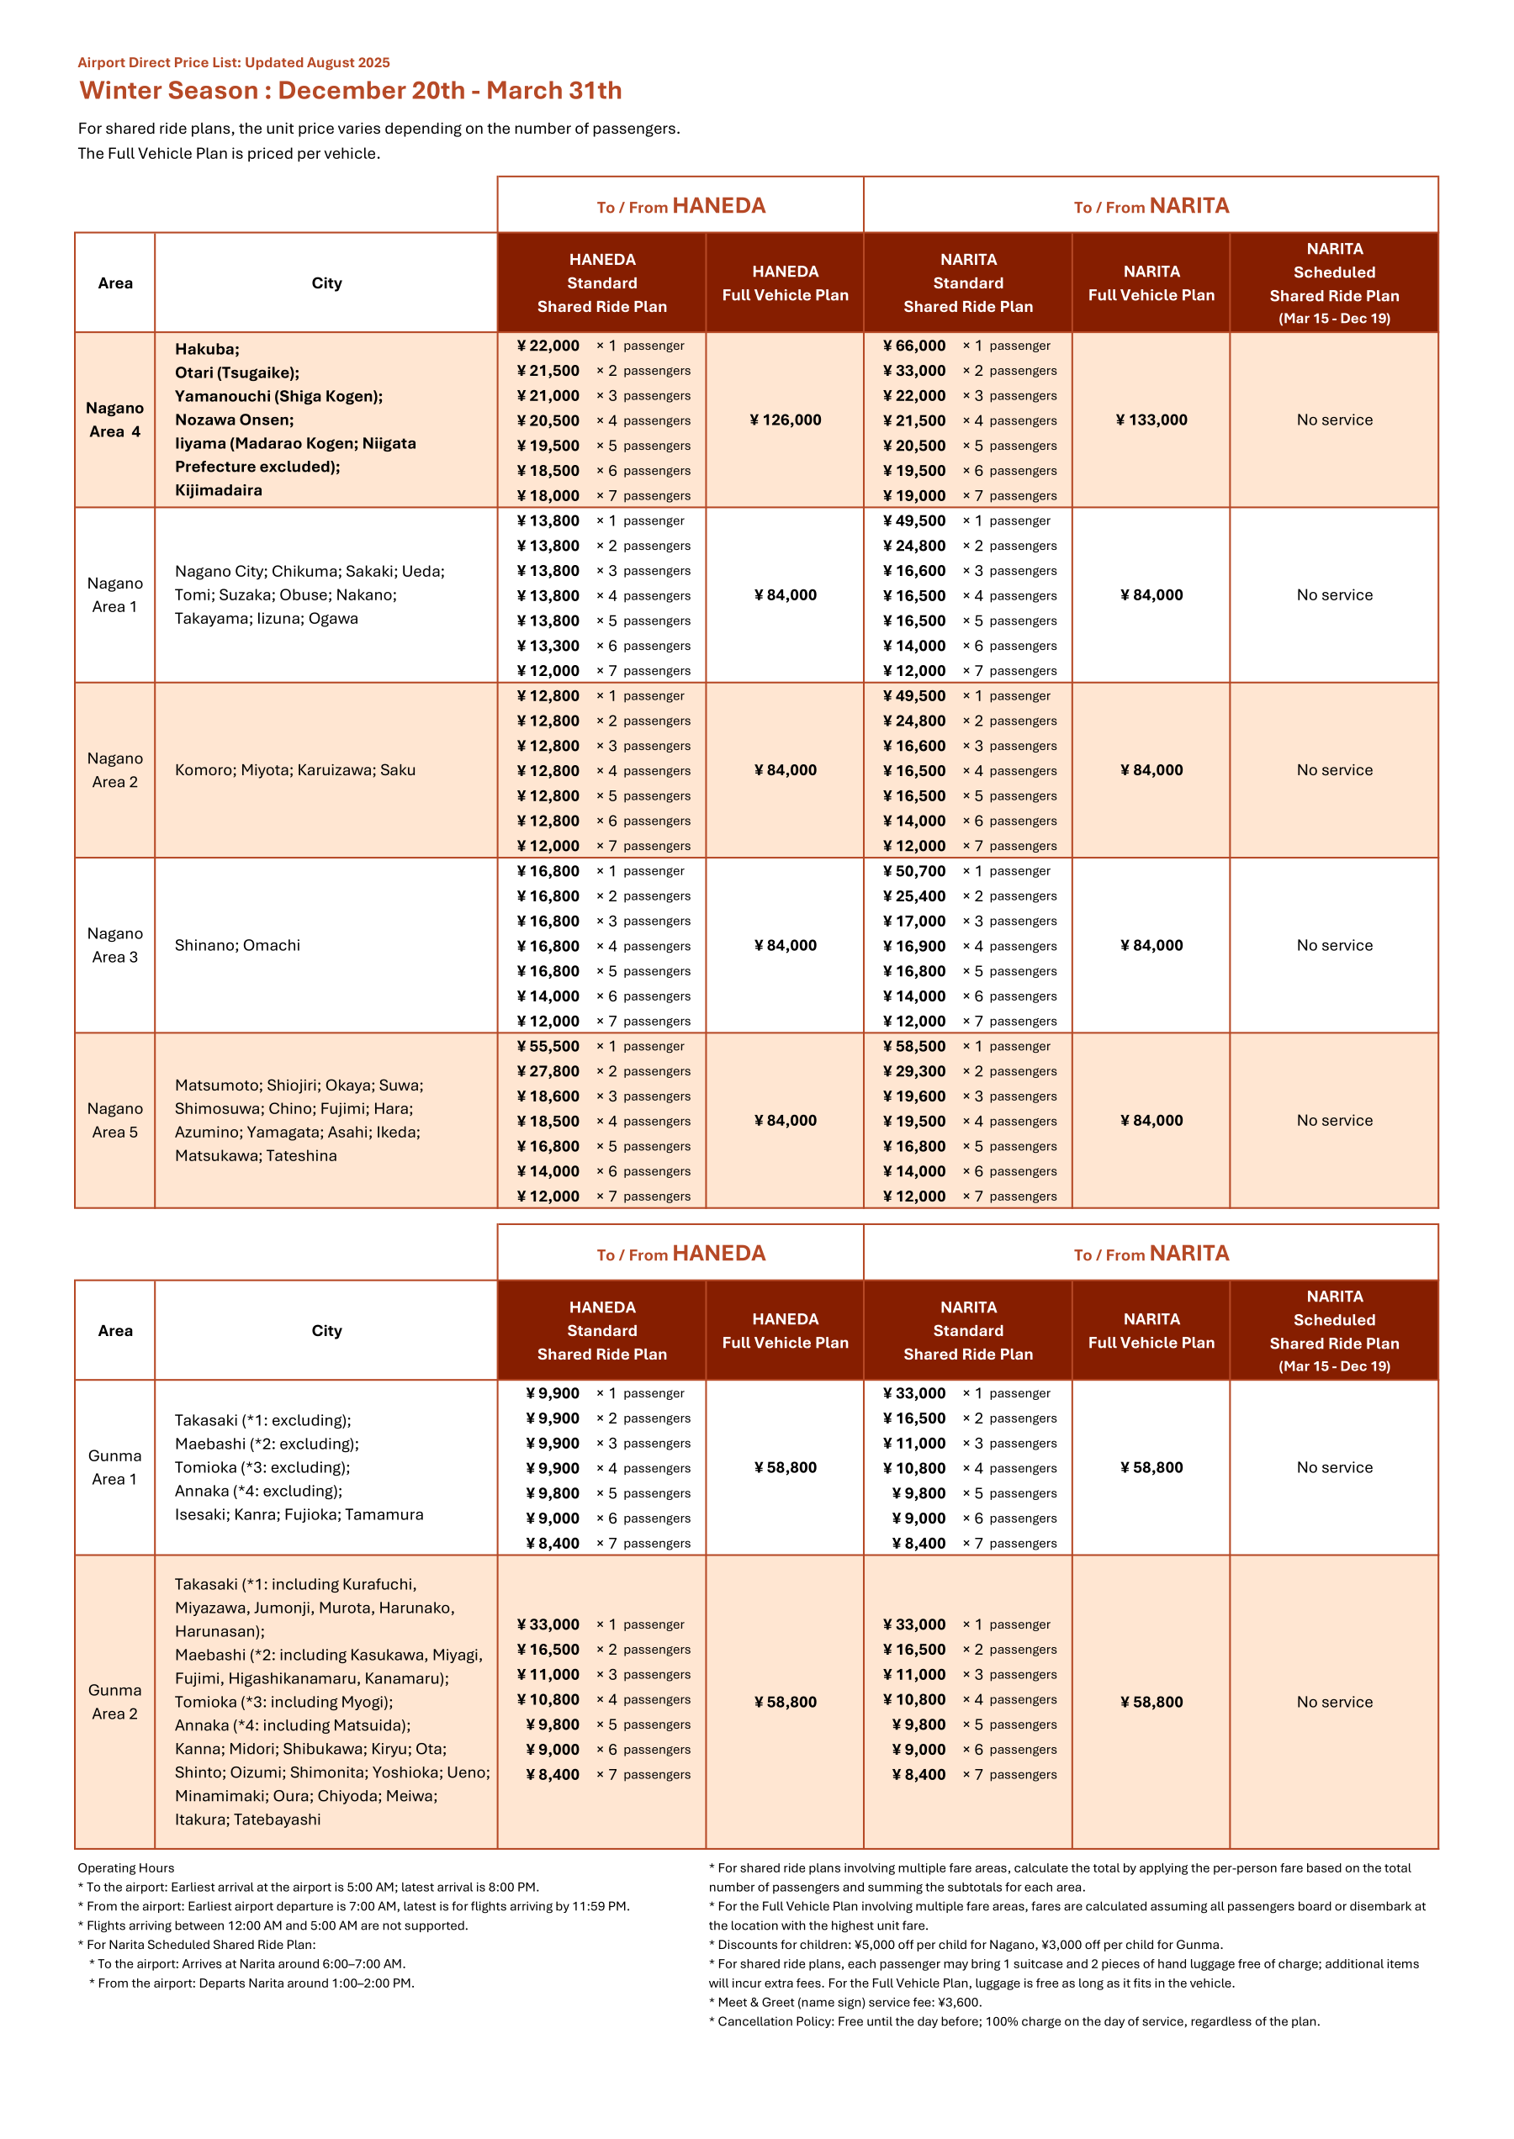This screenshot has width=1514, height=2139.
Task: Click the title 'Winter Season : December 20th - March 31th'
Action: pos(351,91)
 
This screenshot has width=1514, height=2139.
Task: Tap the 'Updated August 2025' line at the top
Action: pos(233,62)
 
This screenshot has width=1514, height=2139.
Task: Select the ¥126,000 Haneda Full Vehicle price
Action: pos(785,420)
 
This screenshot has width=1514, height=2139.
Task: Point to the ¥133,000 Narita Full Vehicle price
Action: pos(1151,420)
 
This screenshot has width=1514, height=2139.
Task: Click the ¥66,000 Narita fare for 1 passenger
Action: pos(914,346)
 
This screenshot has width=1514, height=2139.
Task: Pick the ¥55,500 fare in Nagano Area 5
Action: pos(548,1047)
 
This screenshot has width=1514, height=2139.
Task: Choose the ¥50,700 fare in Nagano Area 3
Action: pos(914,871)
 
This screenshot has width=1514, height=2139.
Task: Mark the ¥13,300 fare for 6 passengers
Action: pos(548,646)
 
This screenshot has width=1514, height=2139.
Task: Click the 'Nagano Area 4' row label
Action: pos(114,420)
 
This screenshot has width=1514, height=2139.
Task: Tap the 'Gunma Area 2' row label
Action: pos(114,1702)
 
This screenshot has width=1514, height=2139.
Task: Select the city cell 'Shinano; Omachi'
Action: pos(238,945)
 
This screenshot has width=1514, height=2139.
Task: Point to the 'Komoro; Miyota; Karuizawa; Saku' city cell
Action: pos(294,770)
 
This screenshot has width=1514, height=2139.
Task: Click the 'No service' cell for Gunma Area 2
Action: pos(1334,1702)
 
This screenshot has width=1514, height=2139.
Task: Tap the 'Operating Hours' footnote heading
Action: pos(126,1867)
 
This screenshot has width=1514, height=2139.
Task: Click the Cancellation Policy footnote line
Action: pos(1014,2021)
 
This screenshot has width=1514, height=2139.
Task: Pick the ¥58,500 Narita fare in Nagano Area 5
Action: pos(914,1047)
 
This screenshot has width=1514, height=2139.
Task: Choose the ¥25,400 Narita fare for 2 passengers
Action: pos(914,896)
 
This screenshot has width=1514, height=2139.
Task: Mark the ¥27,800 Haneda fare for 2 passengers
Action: pos(548,1072)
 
